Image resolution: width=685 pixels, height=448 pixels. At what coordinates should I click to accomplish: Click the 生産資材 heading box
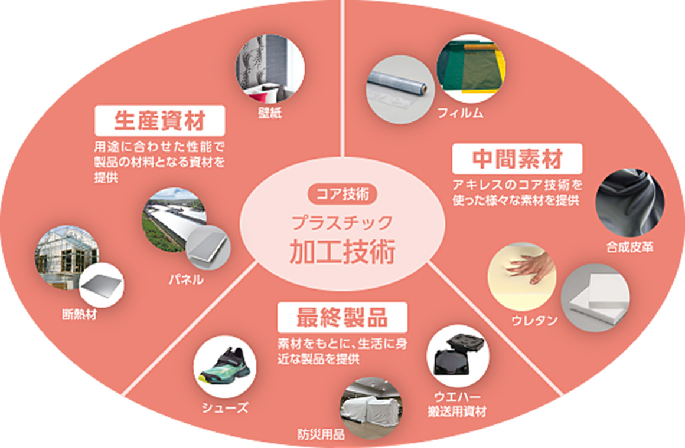pos(159,121)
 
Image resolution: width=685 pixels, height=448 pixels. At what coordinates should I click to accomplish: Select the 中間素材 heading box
pos(517,158)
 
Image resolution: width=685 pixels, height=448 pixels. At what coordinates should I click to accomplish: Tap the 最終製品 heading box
pos(342,317)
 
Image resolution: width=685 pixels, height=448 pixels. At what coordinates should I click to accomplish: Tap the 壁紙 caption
pos(269,113)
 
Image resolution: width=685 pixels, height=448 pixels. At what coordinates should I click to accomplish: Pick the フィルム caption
pos(460,113)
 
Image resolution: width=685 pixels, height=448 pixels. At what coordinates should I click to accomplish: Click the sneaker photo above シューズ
pos(224,367)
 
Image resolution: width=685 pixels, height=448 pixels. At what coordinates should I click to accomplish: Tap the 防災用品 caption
pos(321,436)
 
